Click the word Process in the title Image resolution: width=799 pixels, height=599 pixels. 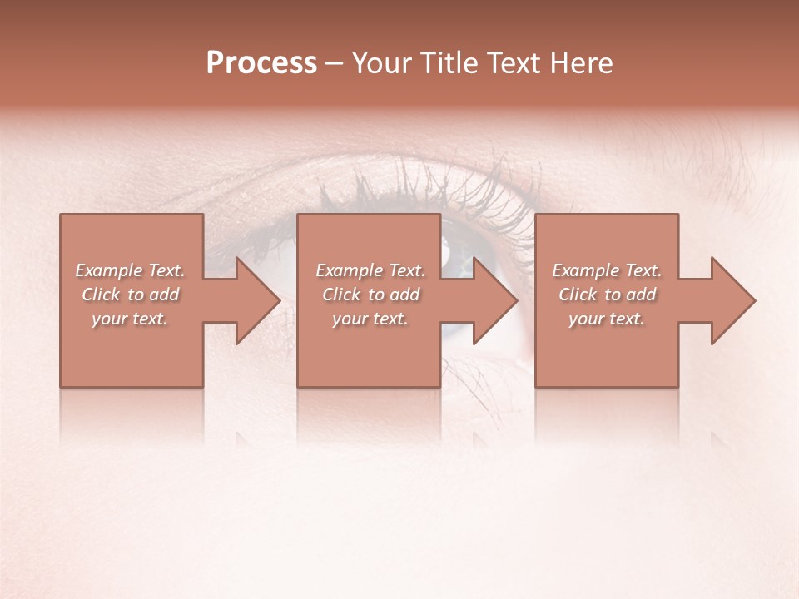click(x=261, y=63)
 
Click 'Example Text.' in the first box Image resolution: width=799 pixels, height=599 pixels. click(x=130, y=270)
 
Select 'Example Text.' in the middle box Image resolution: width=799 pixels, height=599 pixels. click(x=370, y=270)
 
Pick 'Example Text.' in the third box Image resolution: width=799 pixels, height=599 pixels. click(x=607, y=270)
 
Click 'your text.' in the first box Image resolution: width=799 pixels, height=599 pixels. click(x=130, y=319)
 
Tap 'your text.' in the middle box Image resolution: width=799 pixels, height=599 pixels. click(x=370, y=319)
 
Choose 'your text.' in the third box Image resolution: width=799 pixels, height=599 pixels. click(x=607, y=319)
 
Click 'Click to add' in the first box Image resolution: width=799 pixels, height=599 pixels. click(x=130, y=295)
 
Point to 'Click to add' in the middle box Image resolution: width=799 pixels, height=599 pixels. click(x=370, y=295)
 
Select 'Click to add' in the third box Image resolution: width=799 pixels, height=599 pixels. click(x=607, y=295)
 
